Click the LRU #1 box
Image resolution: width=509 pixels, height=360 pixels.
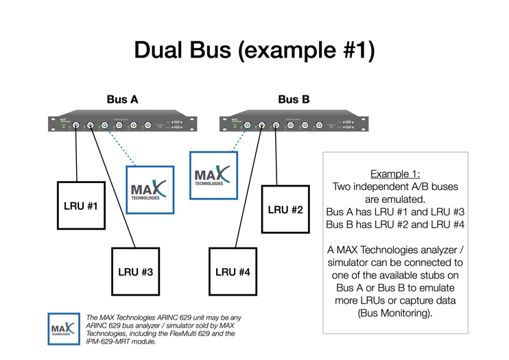[81, 205]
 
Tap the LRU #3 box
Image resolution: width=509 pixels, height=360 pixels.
[135, 272]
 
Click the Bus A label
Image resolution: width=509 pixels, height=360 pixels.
[122, 99]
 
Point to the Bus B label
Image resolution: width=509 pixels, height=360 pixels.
[294, 99]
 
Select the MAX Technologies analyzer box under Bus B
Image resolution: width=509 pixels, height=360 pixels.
[213, 176]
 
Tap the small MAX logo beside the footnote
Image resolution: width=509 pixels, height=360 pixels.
[64, 328]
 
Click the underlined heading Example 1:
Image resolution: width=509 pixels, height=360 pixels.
[395, 173]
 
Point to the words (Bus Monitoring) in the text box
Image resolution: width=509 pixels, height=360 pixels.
[395, 313]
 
